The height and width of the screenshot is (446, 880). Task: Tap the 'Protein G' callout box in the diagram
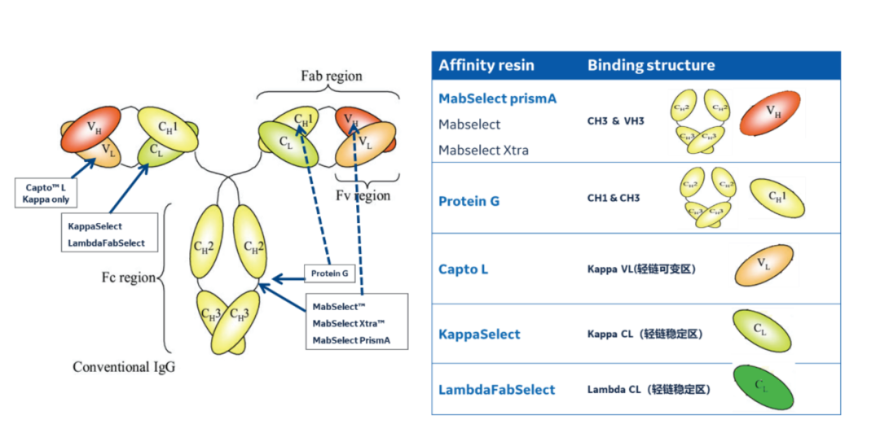point(329,273)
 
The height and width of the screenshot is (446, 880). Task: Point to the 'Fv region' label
point(363,195)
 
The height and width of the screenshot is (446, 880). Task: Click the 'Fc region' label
point(129,278)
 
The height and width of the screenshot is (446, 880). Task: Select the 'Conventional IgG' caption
point(124,366)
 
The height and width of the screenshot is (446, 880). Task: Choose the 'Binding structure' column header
point(651,65)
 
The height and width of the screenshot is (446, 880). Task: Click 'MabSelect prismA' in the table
point(497,98)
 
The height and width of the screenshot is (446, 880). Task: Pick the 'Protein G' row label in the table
point(469,201)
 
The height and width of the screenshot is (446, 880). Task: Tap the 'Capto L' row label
point(463,269)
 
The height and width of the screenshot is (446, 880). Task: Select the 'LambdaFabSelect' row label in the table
point(496,390)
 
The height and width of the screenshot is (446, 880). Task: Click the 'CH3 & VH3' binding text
point(615,120)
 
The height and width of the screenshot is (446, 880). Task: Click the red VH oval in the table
point(775,113)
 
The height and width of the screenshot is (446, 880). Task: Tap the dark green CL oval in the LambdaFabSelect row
point(762,387)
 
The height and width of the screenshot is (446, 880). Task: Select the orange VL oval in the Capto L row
point(764,264)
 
